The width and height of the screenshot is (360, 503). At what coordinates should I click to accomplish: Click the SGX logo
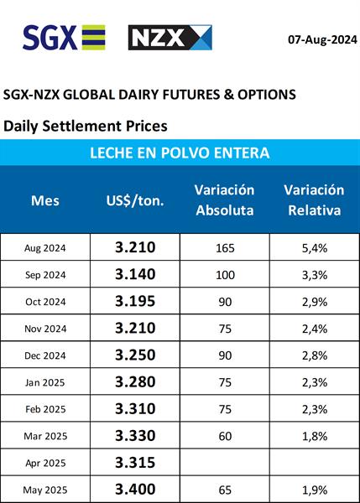[64, 38]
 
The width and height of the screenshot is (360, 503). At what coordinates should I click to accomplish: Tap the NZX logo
[170, 38]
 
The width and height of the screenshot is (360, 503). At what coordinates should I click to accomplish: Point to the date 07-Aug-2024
[322, 39]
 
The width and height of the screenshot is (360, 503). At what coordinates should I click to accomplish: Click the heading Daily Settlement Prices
[85, 126]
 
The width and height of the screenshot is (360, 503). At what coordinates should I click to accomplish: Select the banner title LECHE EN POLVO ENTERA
[180, 153]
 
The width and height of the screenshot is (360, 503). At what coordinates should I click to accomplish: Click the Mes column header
[45, 201]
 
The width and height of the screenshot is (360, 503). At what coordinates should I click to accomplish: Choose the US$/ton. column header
[135, 201]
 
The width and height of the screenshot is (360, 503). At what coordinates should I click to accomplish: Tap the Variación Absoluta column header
[225, 200]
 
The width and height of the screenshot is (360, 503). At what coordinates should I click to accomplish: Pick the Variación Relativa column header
[314, 200]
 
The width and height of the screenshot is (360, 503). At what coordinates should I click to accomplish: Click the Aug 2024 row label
[45, 248]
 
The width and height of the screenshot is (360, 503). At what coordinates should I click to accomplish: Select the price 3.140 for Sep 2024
[135, 274]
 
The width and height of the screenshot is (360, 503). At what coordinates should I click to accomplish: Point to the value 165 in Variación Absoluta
[225, 248]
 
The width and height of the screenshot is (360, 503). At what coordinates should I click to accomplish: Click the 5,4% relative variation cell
[315, 248]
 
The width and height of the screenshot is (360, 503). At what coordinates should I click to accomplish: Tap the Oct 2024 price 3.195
[135, 301]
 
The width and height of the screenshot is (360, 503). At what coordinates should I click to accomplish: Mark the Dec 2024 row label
[45, 355]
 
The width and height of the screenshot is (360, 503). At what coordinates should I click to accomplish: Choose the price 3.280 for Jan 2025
[135, 381]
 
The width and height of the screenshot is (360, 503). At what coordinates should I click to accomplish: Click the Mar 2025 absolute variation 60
[225, 436]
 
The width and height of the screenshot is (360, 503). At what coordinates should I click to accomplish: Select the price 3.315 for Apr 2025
[135, 463]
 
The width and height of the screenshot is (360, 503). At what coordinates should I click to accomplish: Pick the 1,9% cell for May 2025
[315, 490]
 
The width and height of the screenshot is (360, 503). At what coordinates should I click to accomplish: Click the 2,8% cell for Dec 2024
[315, 355]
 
